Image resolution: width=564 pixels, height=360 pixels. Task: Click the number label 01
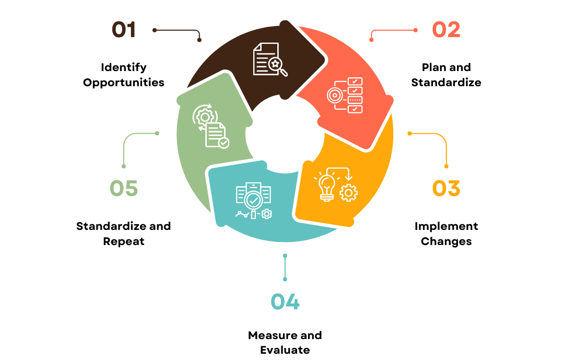pos(124,30)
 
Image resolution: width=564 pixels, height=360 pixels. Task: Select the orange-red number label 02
pos(446,30)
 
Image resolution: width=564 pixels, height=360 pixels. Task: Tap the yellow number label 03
pos(446,189)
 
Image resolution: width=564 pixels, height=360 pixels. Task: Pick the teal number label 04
pos(285,301)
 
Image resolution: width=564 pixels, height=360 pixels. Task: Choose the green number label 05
pos(124,189)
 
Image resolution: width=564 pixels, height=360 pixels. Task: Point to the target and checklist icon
pos(345,95)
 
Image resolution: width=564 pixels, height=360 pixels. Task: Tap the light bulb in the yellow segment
pos(327,186)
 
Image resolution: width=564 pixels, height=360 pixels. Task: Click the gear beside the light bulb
pos(348,193)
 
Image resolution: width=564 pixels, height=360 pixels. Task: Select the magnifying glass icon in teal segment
pos(254,201)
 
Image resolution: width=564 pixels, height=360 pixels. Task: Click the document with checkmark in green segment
pos(216,135)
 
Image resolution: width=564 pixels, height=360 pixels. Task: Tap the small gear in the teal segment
pos(267,214)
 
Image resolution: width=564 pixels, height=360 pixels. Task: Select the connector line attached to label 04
pos(285,268)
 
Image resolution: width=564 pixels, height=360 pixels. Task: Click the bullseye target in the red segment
pos(334,96)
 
